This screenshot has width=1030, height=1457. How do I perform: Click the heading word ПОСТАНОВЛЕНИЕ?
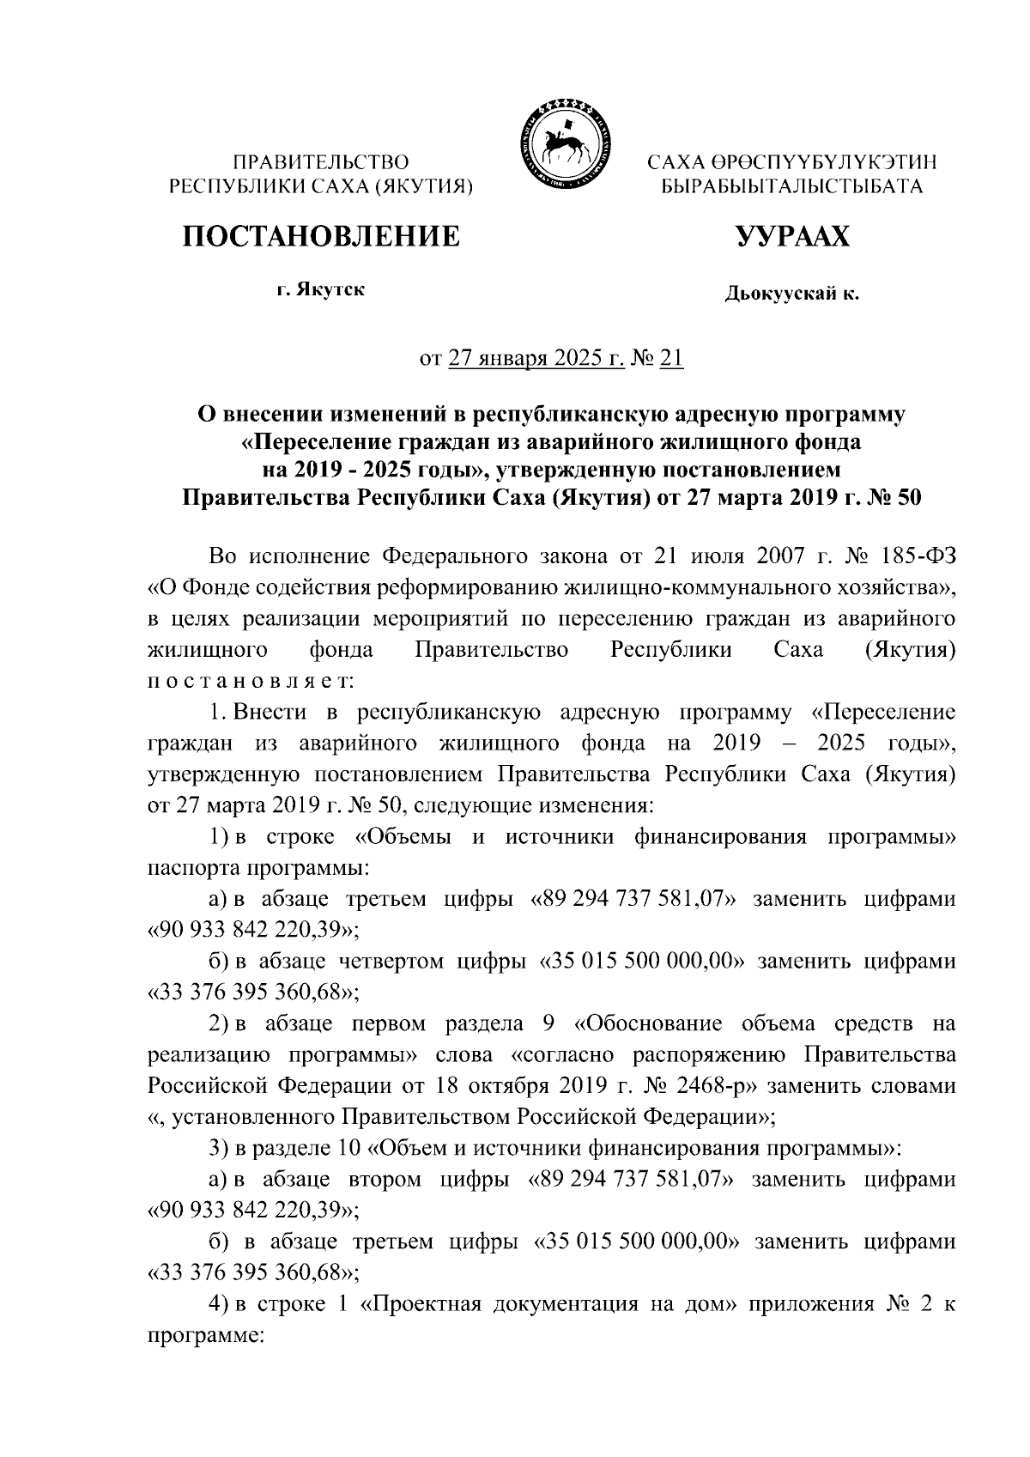click(x=320, y=235)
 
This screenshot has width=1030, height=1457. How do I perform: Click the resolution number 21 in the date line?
click(x=671, y=359)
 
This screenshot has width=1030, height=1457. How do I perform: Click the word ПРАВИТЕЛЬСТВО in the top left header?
click(x=322, y=161)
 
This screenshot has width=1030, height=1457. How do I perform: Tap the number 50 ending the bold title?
click(x=908, y=498)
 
